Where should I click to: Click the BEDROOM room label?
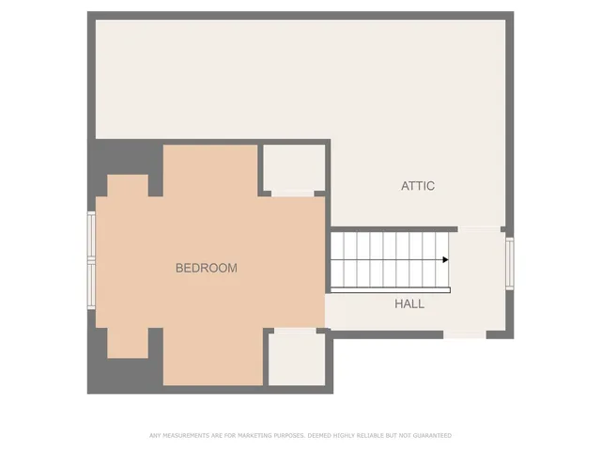(x=207, y=268)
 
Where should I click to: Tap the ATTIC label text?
(x=418, y=186)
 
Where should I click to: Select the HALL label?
(x=409, y=304)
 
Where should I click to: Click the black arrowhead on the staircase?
(x=445, y=259)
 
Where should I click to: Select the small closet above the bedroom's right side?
(x=293, y=168)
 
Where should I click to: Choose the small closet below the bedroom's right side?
(x=297, y=360)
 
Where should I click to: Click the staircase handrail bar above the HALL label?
(x=390, y=289)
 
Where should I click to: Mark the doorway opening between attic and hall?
(x=478, y=228)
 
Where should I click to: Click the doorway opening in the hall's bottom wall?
(x=464, y=334)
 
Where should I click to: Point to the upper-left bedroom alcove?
(x=128, y=185)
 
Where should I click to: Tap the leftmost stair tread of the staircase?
(x=336, y=260)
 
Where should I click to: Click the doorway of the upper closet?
(x=293, y=194)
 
